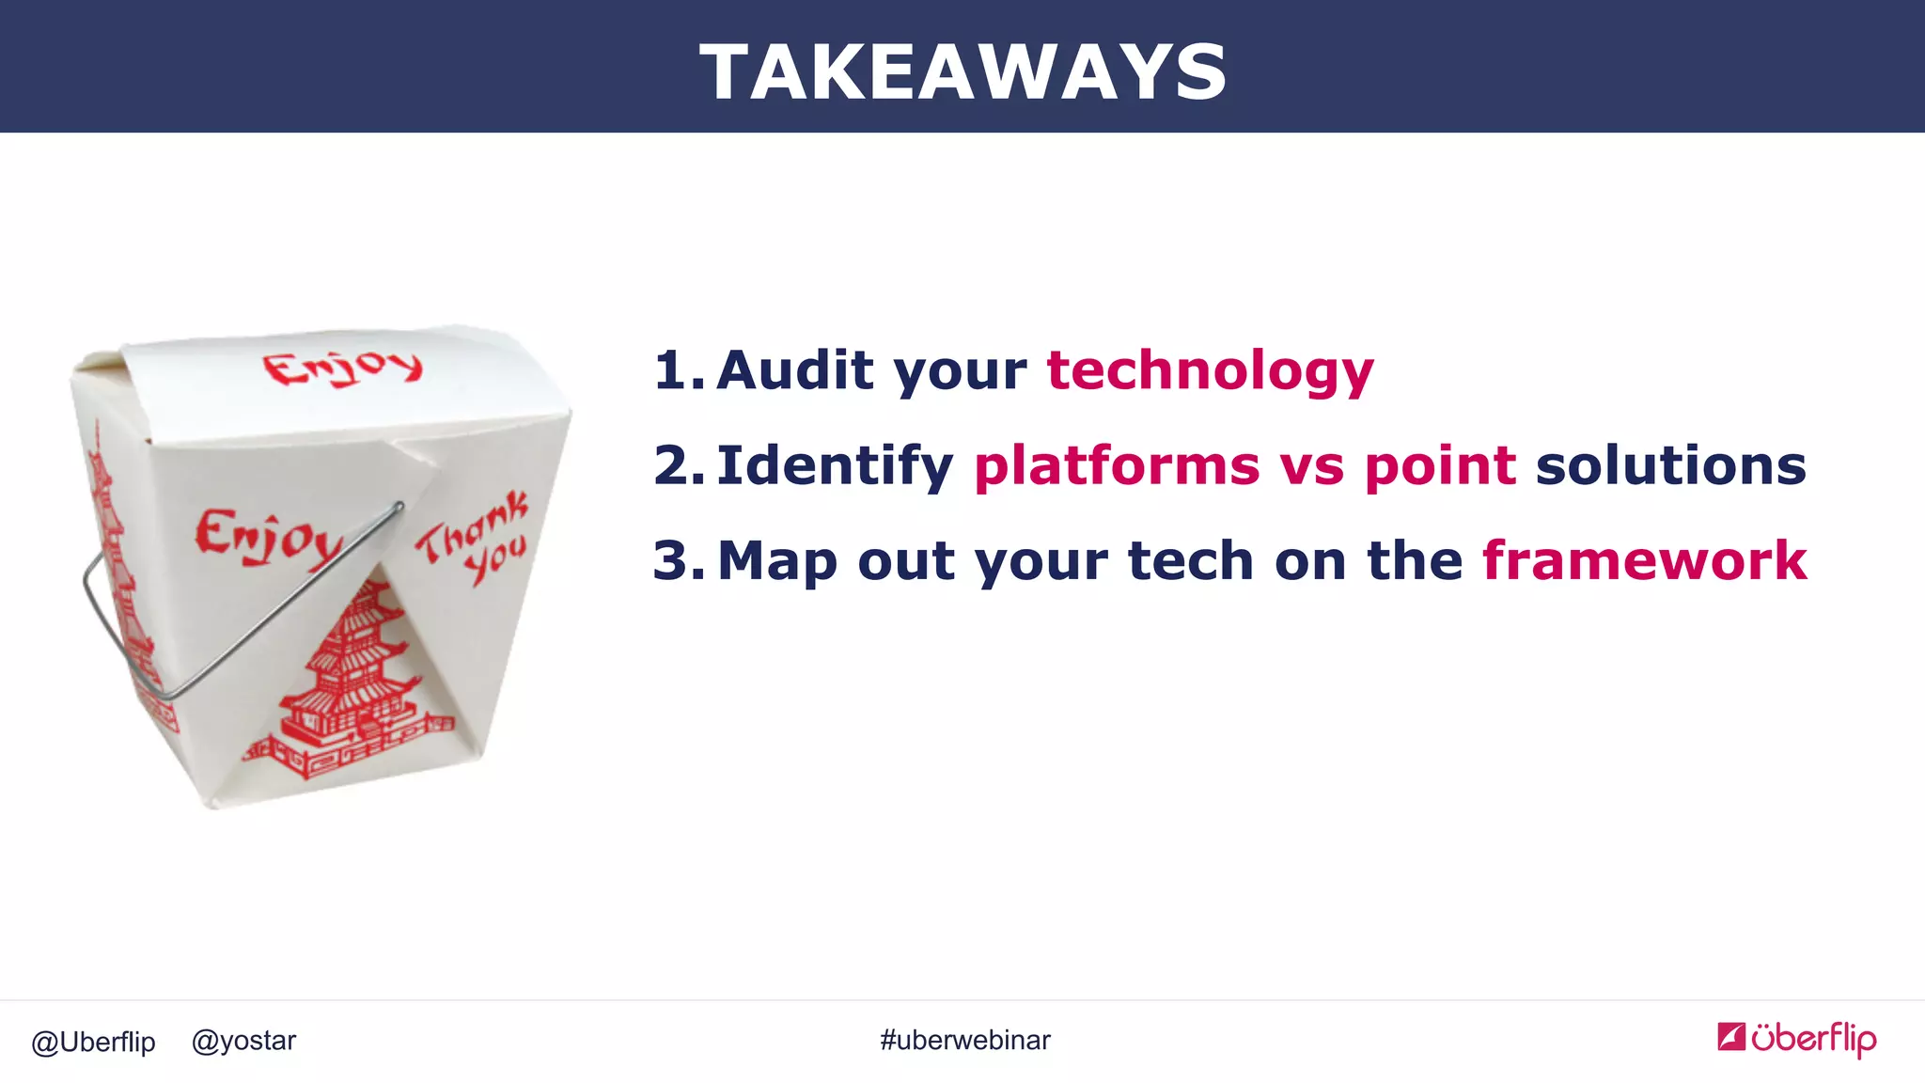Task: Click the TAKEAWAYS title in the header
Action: click(x=962, y=72)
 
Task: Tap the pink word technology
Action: click(x=1210, y=370)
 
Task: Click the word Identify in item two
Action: click(x=835, y=466)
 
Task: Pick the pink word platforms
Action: click(x=1117, y=466)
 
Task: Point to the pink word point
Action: click(x=1440, y=466)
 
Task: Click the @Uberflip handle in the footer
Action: click(x=93, y=1042)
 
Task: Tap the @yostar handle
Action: click(x=243, y=1041)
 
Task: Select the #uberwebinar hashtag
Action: click(x=964, y=1040)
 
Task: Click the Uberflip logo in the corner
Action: click(x=1796, y=1038)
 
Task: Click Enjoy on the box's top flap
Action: click(x=342, y=368)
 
